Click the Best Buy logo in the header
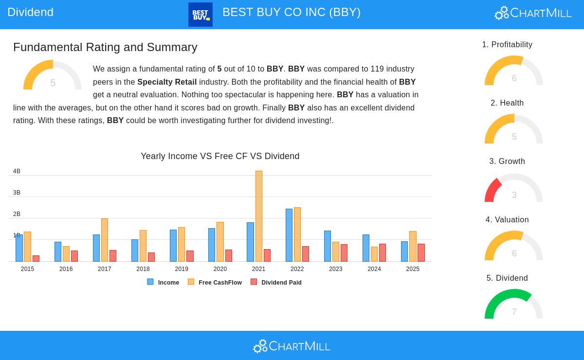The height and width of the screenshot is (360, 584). [201, 15]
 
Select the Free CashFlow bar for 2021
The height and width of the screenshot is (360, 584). [259, 216]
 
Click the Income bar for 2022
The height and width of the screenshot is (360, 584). [289, 235]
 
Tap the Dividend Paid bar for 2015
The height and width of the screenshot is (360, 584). [36, 258]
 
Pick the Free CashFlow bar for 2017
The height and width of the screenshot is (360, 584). [105, 240]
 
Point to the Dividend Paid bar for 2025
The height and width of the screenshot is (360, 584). [421, 252]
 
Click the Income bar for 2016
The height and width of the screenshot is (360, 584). [58, 252]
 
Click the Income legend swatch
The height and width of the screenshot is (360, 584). [150, 282]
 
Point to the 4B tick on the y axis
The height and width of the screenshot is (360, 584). [17, 171]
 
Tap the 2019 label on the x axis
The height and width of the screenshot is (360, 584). [182, 269]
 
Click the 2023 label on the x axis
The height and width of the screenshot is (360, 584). [336, 269]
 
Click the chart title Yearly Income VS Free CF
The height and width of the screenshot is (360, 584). [220, 156]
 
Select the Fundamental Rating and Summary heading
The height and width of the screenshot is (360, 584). [105, 47]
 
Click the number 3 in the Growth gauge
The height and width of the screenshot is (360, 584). [514, 195]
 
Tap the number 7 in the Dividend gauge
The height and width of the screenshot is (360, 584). [514, 312]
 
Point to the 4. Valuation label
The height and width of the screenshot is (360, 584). [507, 220]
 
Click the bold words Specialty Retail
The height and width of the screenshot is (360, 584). [167, 82]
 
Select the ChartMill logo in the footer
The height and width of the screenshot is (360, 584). [292, 346]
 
